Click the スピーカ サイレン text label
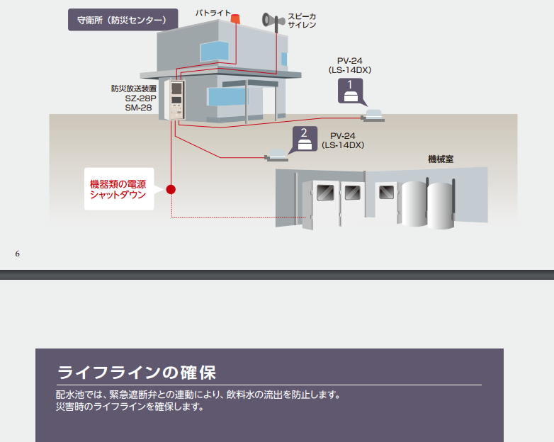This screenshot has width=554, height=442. coord(302,20)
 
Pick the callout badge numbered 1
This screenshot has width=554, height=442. coord(350,91)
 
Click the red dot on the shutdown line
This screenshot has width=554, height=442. coord(171,189)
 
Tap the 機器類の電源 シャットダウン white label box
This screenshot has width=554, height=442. coord(119,189)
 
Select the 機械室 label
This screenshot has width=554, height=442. coord(441,159)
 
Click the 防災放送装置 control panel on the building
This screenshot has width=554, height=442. coord(174,100)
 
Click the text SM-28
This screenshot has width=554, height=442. coord(138,108)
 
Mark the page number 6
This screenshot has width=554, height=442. coord(17,254)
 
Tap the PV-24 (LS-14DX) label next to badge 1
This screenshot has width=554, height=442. coord(350,65)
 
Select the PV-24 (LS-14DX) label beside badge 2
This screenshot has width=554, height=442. coord(343,140)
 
